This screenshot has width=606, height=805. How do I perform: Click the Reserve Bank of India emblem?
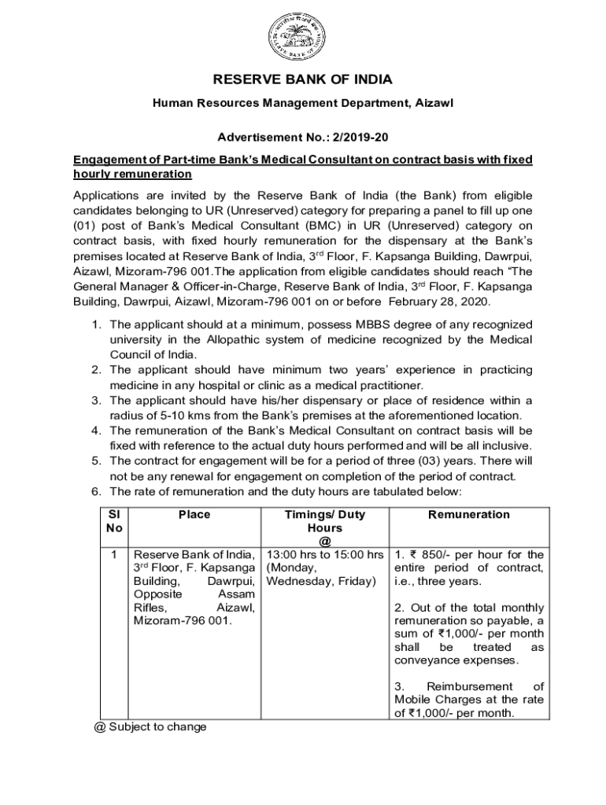[302, 37]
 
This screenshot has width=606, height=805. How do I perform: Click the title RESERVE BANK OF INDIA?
[303, 80]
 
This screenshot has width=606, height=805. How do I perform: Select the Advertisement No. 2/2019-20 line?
[303, 138]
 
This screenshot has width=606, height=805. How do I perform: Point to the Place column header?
[194, 515]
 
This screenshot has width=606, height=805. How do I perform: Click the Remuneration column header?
[469, 515]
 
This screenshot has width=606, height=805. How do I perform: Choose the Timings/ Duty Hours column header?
[325, 521]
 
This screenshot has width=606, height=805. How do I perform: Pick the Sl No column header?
[114, 521]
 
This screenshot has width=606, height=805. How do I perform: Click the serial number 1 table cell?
[114, 555]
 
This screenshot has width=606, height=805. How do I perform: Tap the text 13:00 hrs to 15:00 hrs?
[325, 555]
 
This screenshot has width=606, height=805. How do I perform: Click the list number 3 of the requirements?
[95, 400]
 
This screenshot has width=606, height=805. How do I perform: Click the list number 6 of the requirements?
[95, 491]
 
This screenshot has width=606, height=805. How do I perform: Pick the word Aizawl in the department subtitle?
[434, 103]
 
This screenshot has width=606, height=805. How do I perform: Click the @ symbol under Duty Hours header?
[325, 541]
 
